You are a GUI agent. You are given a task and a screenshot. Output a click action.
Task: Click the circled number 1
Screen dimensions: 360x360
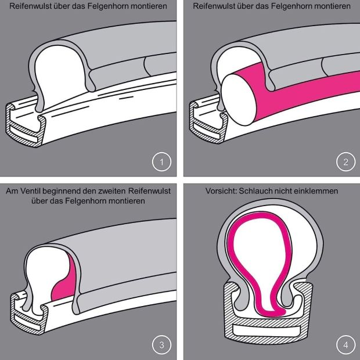(161, 162)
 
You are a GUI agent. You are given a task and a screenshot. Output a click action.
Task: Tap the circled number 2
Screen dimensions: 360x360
(345, 162)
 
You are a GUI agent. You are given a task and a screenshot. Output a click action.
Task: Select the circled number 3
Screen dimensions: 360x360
(161, 345)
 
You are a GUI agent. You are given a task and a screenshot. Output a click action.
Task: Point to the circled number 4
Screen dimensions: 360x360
(345, 345)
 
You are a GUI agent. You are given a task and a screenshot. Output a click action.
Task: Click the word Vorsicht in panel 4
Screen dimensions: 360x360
(221, 191)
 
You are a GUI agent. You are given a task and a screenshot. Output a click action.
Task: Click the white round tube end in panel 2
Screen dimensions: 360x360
(239, 100)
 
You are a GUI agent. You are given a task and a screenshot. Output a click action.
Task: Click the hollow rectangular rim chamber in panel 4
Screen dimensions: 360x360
(270, 330)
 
